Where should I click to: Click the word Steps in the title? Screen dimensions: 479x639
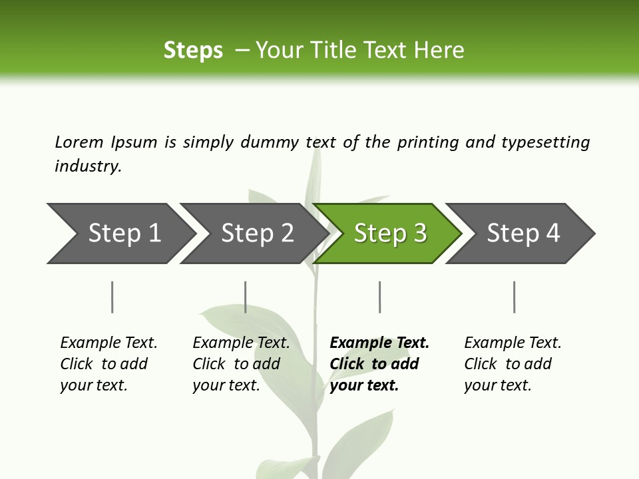193,50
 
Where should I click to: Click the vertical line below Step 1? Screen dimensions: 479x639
112,297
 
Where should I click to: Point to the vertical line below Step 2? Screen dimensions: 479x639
246,297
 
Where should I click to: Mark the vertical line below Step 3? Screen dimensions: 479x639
379,297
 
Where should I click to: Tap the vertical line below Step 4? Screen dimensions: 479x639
514,297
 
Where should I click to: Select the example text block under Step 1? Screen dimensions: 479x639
108,364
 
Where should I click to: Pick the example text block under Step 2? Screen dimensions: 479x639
241,364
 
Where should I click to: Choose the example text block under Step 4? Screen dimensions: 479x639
513,364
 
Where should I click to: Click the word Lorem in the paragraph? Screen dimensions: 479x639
79,142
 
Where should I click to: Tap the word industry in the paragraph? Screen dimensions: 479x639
87,166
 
